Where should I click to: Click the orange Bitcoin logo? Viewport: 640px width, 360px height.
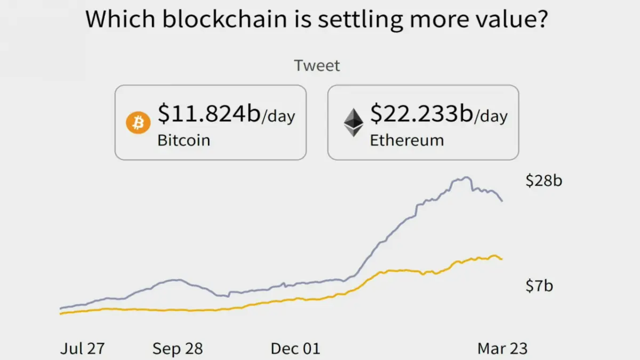click(138, 123)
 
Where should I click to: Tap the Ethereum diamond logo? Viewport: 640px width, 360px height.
click(354, 123)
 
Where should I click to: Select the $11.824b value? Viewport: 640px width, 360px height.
click(209, 114)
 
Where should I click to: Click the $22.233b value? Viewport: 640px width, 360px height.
click(422, 114)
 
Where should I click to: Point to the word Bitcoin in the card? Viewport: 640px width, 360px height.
click(183, 140)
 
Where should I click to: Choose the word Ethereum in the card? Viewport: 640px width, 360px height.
click(407, 140)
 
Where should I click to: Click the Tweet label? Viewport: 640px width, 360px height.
click(317, 66)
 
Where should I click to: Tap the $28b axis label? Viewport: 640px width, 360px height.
click(543, 181)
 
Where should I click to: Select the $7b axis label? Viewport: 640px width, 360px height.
click(539, 286)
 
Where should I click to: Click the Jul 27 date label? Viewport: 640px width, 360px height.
click(82, 349)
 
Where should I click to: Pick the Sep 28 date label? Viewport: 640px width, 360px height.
click(178, 349)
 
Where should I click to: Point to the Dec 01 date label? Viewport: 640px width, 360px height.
click(295, 349)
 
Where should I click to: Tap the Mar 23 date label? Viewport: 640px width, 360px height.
click(502, 349)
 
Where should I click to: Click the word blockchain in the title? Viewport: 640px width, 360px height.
click(225, 19)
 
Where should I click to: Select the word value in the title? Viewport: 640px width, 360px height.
click(507, 19)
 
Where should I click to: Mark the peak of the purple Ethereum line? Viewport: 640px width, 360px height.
click(467, 178)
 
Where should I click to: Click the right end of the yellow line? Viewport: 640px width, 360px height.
click(502, 259)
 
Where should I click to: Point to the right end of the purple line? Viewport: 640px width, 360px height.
click(502, 201)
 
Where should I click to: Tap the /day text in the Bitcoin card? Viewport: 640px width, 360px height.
click(278, 116)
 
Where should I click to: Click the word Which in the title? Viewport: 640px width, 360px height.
click(121, 19)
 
